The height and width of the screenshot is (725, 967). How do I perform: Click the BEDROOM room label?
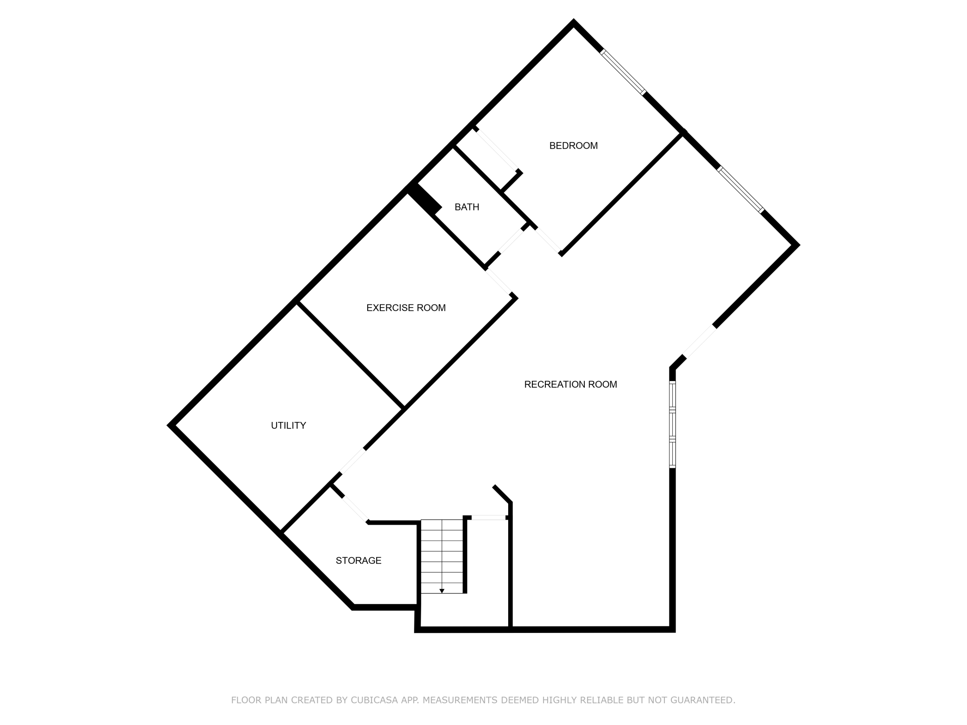(x=573, y=145)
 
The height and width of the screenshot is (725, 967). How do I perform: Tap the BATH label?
(x=467, y=207)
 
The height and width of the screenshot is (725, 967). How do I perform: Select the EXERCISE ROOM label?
(x=406, y=308)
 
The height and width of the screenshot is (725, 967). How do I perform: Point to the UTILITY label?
(x=288, y=425)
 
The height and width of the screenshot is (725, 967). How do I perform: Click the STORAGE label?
(x=358, y=560)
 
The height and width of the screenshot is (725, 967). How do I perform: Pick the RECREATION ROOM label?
(x=570, y=384)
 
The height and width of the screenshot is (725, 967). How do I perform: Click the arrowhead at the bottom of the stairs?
(x=442, y=591)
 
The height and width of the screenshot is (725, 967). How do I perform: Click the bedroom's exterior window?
(x=623, y=72)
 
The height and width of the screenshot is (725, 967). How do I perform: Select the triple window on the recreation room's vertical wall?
(x=672, y=424)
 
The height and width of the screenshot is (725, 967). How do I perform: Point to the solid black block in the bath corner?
(x=424, y=199)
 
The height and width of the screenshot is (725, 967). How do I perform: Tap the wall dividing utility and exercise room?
(x=350, y=355)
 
